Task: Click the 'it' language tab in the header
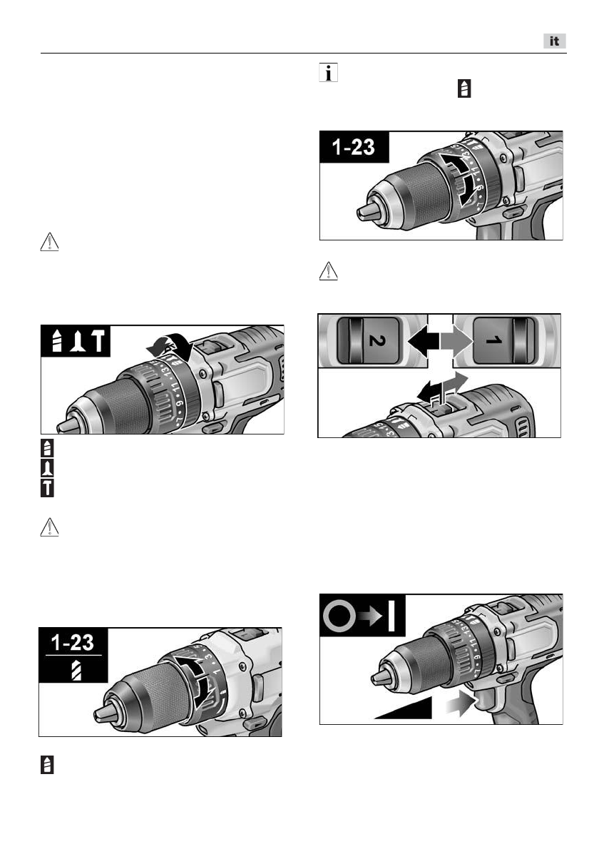(x=553, y=42)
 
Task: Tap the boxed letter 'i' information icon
(x=328, y=75)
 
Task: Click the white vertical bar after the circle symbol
(x=391, y=615)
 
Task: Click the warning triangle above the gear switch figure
(x=327, y=271)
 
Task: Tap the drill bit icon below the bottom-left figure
(x=46, y=766)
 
